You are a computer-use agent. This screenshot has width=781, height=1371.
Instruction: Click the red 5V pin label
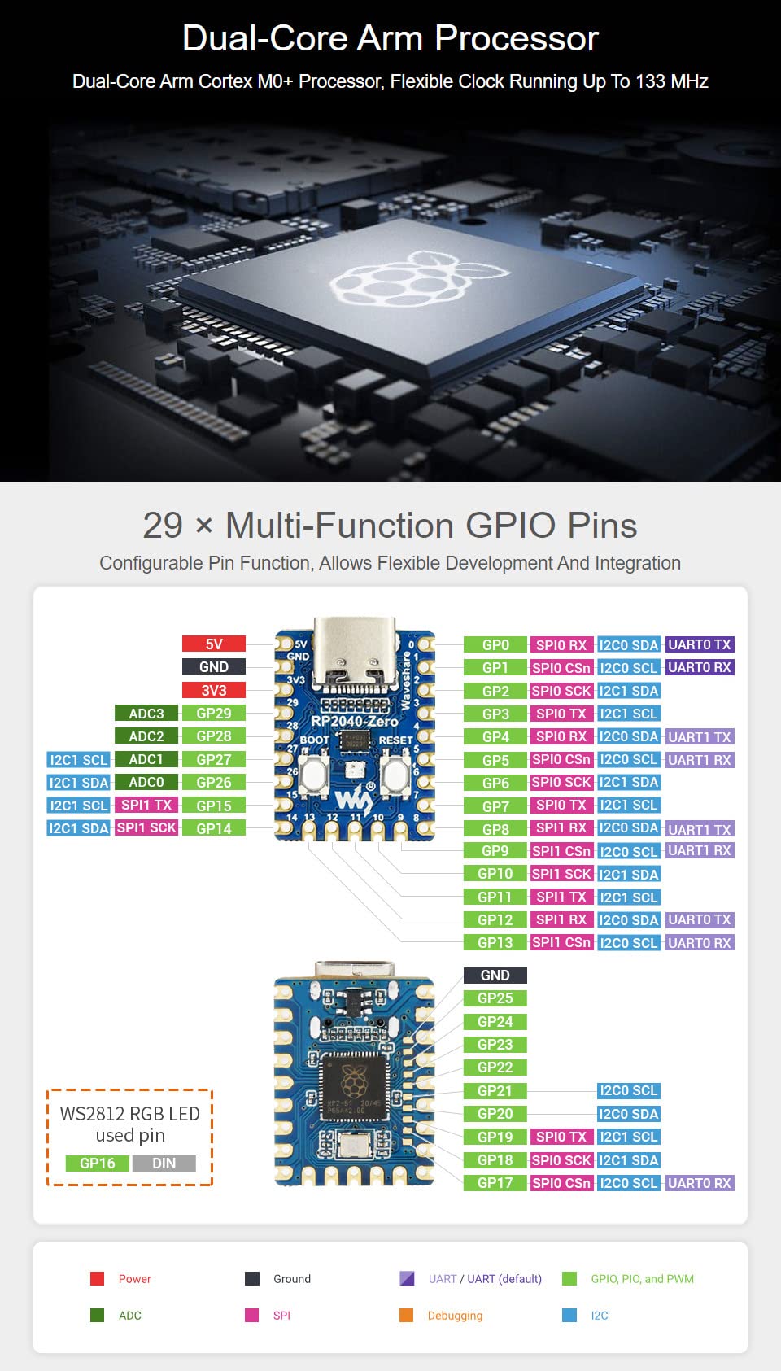point(213,644)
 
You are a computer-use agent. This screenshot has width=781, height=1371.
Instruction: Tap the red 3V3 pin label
point(213,690)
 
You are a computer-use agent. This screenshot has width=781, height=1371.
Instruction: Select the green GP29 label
point(213,713)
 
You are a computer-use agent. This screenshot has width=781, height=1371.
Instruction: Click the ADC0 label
point(146,782)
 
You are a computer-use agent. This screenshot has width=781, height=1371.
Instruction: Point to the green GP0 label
point(495,644)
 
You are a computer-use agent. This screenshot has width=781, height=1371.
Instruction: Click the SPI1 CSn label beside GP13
point(561,942)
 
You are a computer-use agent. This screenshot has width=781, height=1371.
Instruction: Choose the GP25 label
point(495,998)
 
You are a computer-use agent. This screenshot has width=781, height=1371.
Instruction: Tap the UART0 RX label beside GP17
point(699,1183)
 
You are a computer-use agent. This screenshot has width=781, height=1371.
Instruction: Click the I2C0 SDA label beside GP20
point(628,1114)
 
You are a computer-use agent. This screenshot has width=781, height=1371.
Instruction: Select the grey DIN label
point(164,1164)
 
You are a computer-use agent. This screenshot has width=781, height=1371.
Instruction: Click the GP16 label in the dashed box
point(98,1164)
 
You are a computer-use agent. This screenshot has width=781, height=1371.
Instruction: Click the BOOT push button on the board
point(314,775)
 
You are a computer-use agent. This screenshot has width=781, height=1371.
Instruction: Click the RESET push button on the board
point(395,775)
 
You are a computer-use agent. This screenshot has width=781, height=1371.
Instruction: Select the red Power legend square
point(97,1278)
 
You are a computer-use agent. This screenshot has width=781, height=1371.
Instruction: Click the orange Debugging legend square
point(407,1315)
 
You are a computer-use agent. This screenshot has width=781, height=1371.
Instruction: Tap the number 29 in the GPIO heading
point(163,526)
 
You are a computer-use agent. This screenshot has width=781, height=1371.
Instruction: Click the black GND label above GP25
point(495,975)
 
